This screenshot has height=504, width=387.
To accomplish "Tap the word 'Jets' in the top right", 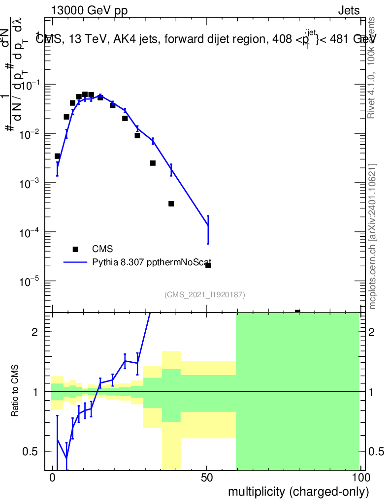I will [x=349, y=11].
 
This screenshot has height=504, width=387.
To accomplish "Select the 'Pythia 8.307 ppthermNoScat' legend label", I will [x=152, y=262].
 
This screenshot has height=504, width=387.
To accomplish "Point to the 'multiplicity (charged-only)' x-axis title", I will [x=298, y=491].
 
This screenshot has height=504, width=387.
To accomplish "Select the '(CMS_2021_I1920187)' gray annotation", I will [x=204, y=295].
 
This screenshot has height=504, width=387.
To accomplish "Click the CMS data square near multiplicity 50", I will [x=208, y=265].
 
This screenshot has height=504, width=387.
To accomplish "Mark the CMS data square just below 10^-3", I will [x=171, y=204].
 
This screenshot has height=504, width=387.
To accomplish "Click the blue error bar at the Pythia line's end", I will [x=208, y=229].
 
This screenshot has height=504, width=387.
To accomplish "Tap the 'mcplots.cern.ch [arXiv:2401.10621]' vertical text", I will [x=373, y=236].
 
